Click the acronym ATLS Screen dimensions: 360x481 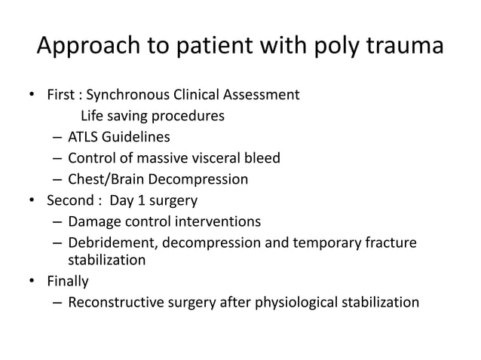coord(83,138)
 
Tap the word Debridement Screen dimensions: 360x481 coord(108,243)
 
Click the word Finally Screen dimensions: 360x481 coord(68,282)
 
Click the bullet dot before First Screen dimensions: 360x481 coord(32,96)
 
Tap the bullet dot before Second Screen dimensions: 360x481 coord(32,202)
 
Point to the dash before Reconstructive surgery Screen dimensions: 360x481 coord(58,304)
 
